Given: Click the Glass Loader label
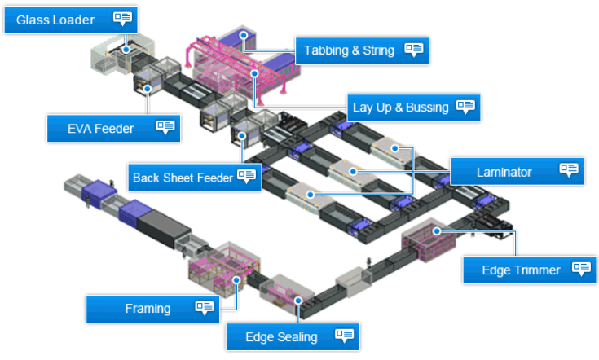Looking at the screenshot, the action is click(x=71, y=20).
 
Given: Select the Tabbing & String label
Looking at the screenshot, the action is click(x=362, y=50).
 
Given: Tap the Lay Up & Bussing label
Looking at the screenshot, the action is click(x=414, y=108).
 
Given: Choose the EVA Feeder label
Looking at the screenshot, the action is click(x=113, y=128).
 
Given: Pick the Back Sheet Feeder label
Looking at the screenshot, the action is click(x=195, y=178).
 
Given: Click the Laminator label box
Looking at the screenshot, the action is click(x=517, y=172).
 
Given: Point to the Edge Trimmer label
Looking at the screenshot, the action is click(x=530, y=270).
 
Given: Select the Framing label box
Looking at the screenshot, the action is click(x=153, y=309).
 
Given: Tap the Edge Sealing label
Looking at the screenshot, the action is click(x=293, y=336).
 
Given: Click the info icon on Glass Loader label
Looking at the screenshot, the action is click(x=122, y=18).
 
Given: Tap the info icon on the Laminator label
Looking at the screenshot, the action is click(x=569, y=169).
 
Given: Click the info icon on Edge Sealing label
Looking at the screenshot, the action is click(x=344, y=336).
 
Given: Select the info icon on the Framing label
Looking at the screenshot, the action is click(x=205, y=307).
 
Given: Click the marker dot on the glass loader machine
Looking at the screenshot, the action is click(x=126, y=50).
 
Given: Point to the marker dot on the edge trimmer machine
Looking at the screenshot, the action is click(x=437, y=231).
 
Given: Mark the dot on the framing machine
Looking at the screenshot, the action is click(x=236, y=280).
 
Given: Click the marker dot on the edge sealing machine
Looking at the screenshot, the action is click(x=298, y=301).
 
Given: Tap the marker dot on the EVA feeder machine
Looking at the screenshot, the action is click(x=148, y=89).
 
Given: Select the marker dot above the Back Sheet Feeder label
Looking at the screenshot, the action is click(x=242, y=135).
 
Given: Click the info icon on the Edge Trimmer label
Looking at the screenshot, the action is click(x=581, y=268).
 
